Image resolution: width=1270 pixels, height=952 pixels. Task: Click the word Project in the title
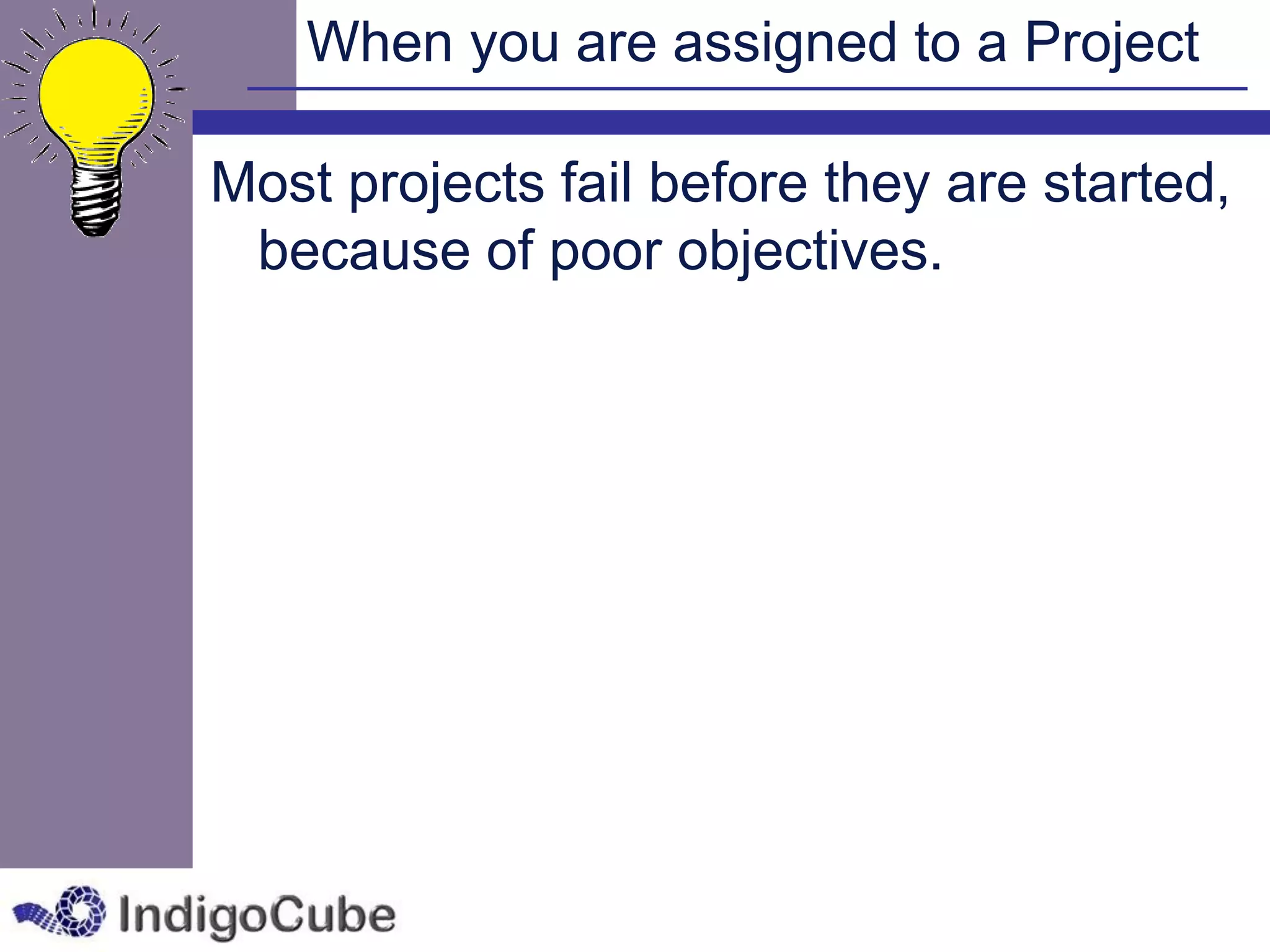1111,43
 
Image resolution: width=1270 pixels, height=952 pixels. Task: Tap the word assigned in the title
784,43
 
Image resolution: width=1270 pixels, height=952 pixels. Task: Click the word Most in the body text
272,183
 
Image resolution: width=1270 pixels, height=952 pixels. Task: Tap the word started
1135,183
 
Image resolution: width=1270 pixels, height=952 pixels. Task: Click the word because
364,250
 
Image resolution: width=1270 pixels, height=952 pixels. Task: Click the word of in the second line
510,250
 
